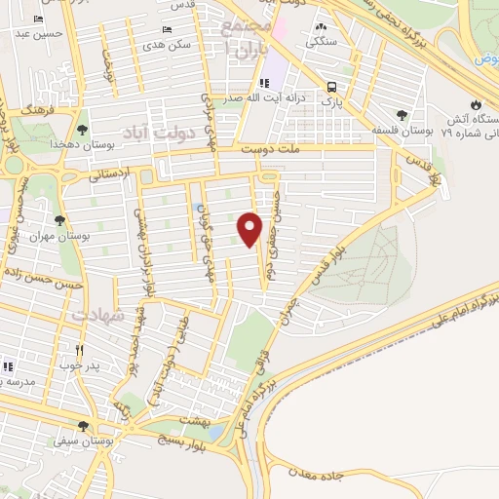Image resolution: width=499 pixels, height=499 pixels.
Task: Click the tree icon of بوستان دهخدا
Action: pos(82,128)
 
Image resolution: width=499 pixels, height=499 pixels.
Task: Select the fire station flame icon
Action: pos(475,104)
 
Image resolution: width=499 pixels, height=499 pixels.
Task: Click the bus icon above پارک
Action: pos(333,85)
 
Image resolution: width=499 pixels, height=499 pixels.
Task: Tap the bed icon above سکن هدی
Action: pos(167,30)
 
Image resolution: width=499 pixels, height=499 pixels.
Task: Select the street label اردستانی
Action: pos(107,177)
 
